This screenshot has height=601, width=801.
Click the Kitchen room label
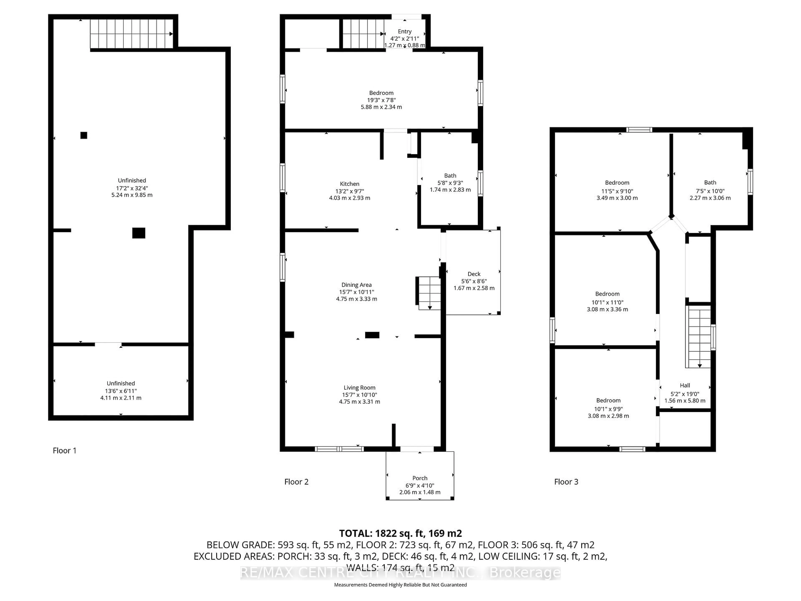[349, 184]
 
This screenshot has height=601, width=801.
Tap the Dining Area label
[356, 285]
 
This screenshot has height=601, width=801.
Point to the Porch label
[420, 478]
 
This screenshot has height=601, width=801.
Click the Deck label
[474, 274]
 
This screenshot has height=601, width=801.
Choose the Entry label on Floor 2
[404, 32]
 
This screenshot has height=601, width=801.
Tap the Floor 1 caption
[64, 450]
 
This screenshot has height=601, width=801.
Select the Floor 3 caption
[566, 481]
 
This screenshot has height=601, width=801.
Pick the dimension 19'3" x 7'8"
[381, 100]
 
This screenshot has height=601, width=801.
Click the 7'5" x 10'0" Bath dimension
[710, 191]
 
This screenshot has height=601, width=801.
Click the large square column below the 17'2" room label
[139, 233]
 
